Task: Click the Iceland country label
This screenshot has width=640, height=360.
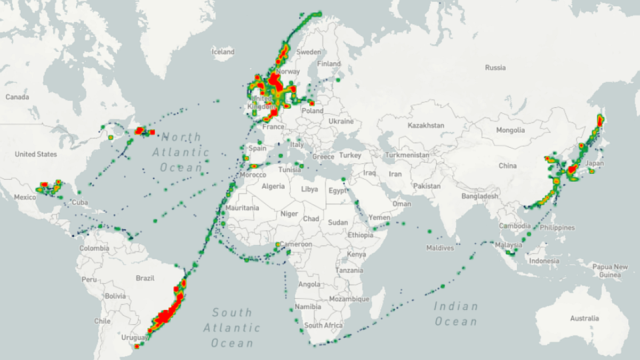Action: click(223, 52)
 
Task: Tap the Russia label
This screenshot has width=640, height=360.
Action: click(495, 68)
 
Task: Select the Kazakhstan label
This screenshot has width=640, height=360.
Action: click(426, 125)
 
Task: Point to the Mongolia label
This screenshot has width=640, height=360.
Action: click(510, 130)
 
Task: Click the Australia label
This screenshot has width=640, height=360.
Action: click(584, 318)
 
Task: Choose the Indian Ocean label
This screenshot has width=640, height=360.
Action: click(455, 314)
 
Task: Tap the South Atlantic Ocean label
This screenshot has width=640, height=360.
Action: click(233, 327)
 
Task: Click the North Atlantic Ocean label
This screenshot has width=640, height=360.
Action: click(181, 152)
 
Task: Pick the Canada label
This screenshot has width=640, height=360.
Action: click(17, 97)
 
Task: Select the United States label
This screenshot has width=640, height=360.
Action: click(36, 154)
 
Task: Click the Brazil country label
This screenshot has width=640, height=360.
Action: click(145, 278)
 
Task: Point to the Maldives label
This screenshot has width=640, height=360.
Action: click(440, 248)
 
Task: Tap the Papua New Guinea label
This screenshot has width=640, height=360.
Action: click(610, 271)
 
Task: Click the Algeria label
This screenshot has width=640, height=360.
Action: click(274, 186)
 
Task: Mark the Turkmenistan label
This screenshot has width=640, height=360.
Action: click(407, 155)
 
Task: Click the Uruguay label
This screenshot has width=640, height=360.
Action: click(133, 338)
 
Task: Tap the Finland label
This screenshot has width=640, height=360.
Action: click(329, 63)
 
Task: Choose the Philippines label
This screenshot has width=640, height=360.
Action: click(557, 228)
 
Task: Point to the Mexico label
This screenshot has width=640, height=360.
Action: click(25, 197)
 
